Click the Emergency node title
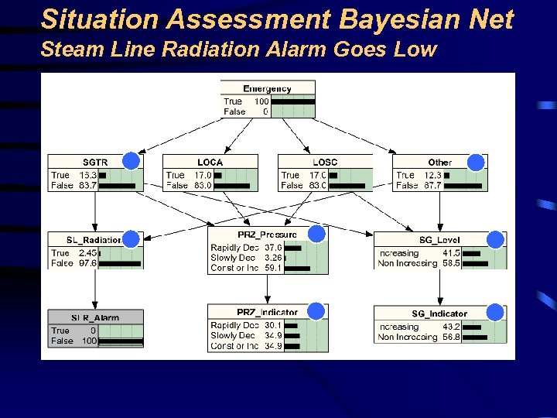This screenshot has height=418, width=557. tap(267, 89)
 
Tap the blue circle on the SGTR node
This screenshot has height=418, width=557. tap(132, 162)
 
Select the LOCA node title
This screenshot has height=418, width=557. tap(210, 163)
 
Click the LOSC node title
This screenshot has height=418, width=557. tap(325, 163)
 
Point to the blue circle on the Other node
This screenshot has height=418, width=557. tap(476, 162)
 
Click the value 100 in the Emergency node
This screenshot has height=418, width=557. tap(261, 101)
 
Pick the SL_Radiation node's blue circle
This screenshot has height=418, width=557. tap(132, 239)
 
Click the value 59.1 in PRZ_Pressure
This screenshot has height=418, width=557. tap(272, 269)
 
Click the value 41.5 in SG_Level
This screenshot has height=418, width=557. tap(451, 253)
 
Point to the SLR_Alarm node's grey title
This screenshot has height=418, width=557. tap(95, 317)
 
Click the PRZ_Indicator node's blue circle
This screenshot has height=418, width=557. tap(316, 310)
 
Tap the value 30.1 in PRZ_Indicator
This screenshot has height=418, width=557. tap(272, 326)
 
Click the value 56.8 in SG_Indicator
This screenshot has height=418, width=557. tap(451, 337)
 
